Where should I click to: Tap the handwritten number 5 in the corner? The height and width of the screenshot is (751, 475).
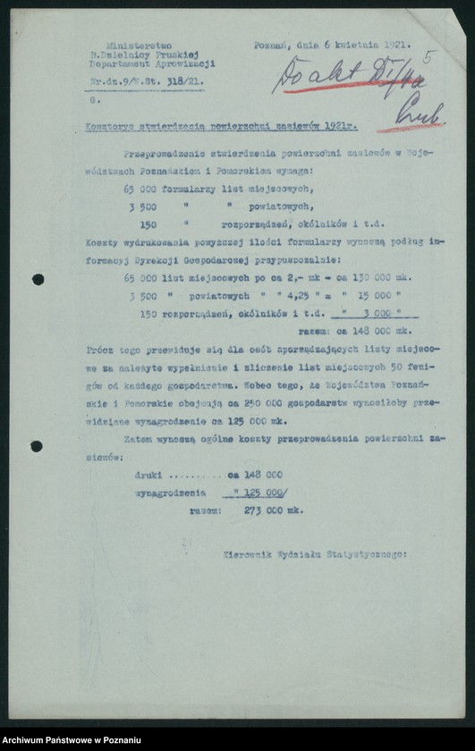[x=428, y=58]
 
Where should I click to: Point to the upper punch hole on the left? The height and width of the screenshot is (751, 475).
[x=38, y=279]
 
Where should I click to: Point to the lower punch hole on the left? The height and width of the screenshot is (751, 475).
[x=37, y=445]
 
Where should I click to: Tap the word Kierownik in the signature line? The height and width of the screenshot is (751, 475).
[x=247, y=554]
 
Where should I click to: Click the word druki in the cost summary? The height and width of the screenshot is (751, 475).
[x=148, y=475]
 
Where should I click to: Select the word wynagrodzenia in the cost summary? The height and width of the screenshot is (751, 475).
[x=170, y=492]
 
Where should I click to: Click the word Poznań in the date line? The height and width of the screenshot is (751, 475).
[x=269, y=45]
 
